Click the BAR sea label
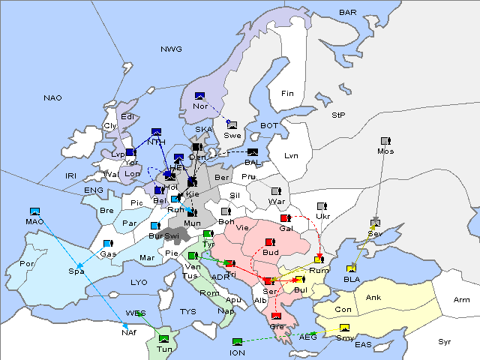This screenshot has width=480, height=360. click(348, 13)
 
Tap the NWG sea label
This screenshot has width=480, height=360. click(171, 49)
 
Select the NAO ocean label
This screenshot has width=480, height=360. click(52, 98)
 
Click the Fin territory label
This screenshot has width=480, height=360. click(287, 94)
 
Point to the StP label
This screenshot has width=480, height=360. click(338, 115)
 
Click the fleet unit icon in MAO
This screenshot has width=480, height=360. click(34, 212)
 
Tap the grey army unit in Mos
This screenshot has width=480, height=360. click(385, 141)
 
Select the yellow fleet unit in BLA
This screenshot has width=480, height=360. click(352, 268)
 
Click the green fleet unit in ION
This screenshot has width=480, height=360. click(238, 343)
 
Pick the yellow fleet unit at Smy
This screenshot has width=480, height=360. click(344, 328)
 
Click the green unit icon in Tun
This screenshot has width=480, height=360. click(164, 331)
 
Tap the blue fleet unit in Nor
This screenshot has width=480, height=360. click(199, 96)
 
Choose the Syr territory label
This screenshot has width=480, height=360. click(445, 341)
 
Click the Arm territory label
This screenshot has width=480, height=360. click(462, 300)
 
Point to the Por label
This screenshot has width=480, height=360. click(27, 264)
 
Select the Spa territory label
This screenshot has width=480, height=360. click(76, 270)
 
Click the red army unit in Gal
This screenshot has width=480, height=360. click(285, 218)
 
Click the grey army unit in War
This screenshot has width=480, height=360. click(276, 191)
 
